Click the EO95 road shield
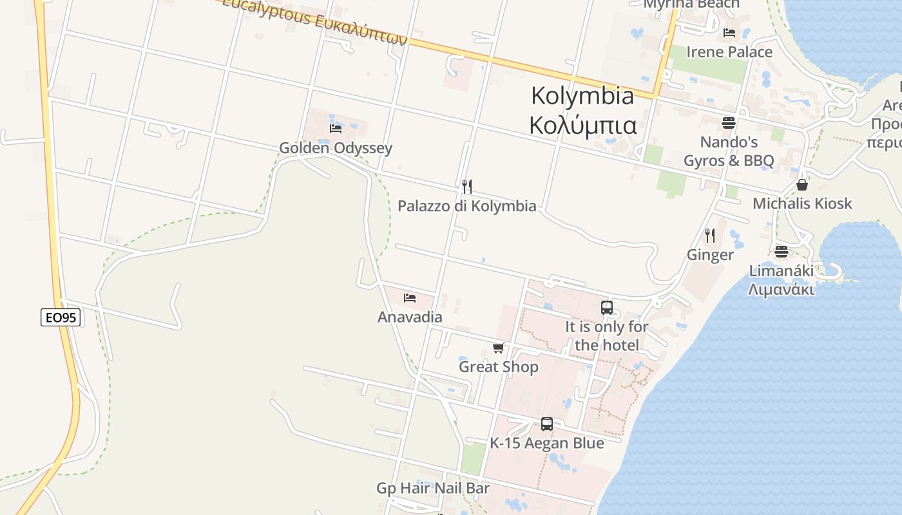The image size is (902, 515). [61, 317]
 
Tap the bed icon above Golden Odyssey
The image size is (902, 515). [335, 129]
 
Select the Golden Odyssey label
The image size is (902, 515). [335, 148]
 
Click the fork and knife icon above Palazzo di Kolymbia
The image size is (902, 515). [467, 187]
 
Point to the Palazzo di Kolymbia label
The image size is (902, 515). [466, 206]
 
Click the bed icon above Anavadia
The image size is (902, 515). [410, 298]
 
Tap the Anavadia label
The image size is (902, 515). [410, 317]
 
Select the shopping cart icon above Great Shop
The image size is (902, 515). [498, 348]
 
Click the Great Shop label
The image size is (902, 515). [498, 367]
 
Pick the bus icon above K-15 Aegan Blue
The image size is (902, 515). [547, 424]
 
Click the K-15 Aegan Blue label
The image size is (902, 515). [547, 443]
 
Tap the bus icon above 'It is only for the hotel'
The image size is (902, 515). [606, 308]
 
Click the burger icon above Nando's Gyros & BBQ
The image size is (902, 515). [729, 122]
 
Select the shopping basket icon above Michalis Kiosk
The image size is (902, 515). [802, 185]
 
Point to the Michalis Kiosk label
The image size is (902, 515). [802, 204]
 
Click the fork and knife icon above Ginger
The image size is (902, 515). [710, 236]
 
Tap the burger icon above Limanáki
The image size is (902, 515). [782, 252]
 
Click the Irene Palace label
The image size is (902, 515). [729, 52]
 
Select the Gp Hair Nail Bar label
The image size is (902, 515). [433, 488]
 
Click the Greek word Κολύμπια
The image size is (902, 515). [582, 125]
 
